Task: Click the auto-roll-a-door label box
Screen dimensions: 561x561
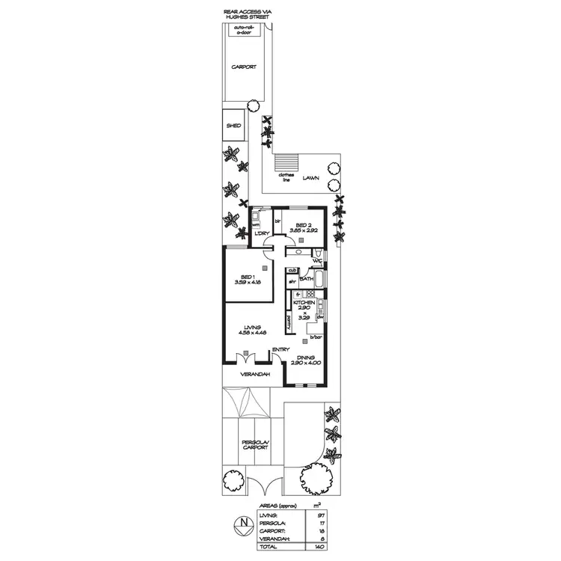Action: click(x=245, y=31)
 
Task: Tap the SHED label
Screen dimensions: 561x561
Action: click(x=233, y=126)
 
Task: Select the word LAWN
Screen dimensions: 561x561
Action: click(x=313, y=179)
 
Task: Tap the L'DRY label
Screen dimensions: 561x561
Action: click(x=261, y=234)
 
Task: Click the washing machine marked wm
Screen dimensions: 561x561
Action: click(x=255, y=224)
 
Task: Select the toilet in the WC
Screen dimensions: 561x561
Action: click(x=319, y=258)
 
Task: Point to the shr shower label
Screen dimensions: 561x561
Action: click(x=292, y=281)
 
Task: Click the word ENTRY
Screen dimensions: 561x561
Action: click(x=281, y=349)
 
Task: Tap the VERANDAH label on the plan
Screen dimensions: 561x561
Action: click(x=254, y=374)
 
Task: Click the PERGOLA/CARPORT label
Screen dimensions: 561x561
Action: click(x=254, y=445)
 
